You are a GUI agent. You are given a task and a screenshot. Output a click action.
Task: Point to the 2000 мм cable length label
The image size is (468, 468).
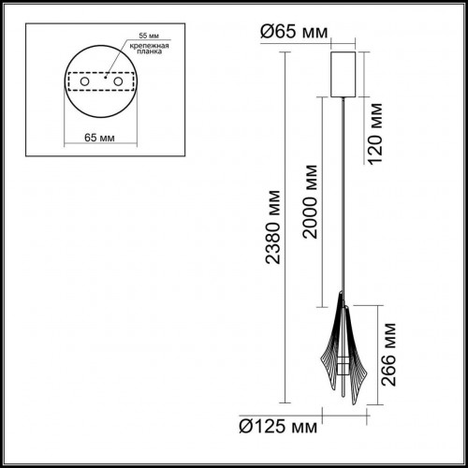[311, 213]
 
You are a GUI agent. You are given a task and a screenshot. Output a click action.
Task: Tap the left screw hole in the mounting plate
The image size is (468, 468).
[84, 83]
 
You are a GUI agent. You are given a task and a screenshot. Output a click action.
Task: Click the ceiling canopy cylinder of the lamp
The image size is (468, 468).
[344, 69]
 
